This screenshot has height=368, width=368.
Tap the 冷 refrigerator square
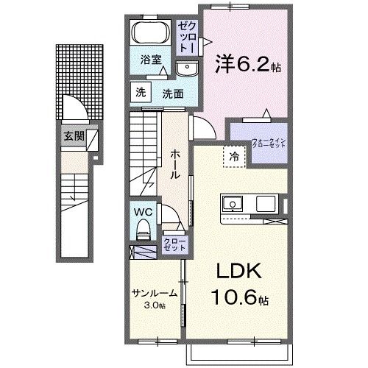point(233,156)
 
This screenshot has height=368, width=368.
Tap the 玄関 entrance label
point(73,135)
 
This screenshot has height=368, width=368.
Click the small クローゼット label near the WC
point(174,245)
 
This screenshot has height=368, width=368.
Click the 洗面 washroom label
point(173,94)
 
